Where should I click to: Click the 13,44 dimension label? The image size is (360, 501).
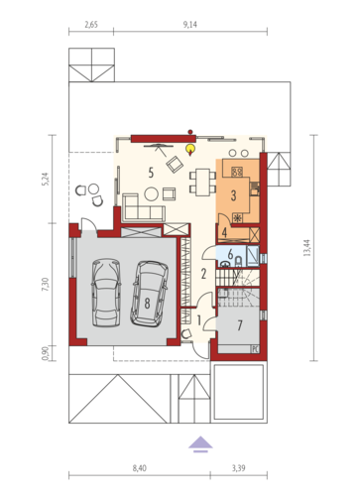point(307,248)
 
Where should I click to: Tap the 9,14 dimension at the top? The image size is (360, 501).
point(190,25)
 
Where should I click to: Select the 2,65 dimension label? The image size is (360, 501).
point(91,25)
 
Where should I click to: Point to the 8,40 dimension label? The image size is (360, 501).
point(140,468)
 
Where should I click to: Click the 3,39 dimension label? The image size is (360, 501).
point(238,468)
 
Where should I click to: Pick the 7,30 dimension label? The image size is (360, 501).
point(46,285)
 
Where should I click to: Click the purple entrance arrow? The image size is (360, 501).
point(200,444)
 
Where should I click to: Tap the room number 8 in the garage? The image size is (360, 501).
point(147,303)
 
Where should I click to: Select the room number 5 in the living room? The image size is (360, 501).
point(151,173)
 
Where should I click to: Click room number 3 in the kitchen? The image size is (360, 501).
point(233,195)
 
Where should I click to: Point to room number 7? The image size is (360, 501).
point(240,325)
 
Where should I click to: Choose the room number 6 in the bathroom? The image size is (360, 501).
point(230,255)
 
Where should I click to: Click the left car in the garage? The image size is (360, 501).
point(106,293)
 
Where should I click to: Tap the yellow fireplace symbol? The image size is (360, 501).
point(190,150)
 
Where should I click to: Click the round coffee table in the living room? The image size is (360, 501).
point(152,193)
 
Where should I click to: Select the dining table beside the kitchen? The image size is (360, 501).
point(202,183)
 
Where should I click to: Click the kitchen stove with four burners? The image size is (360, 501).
point(237,172)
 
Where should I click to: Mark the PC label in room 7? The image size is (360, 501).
point(255,348)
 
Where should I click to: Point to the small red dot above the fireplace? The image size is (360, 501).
point(190,132)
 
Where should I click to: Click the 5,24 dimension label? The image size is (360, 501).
point(46,179)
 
